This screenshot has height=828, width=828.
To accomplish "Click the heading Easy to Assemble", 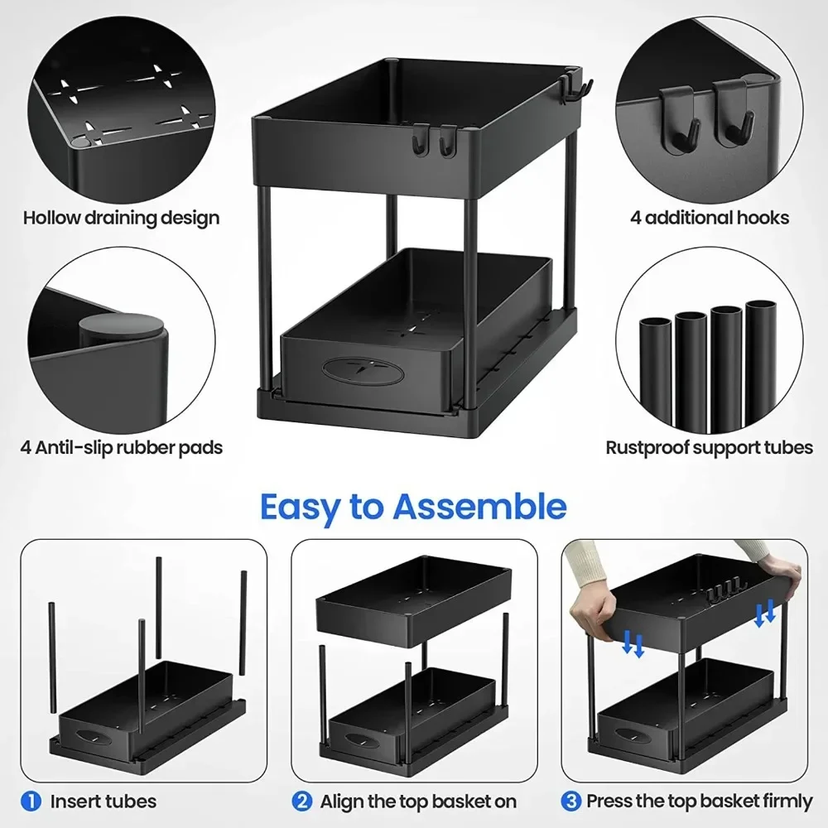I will tap(413, 505).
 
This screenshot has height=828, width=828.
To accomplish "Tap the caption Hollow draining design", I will tap(121, 218).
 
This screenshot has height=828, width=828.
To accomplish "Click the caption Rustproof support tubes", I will tap(710, 448).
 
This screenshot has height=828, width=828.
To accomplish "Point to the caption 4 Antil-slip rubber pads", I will tap(121, 448).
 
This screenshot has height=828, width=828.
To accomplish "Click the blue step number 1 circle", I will tap(31, 802).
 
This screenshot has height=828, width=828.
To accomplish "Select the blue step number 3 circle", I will tap(572, 802).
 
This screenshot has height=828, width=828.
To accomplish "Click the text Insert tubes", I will tap(103, 802).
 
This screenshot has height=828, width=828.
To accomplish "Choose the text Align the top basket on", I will tap(417, 802).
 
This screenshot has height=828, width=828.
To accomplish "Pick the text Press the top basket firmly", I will tap(699, 802).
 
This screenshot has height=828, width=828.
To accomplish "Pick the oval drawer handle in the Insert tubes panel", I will tap(92, 736).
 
